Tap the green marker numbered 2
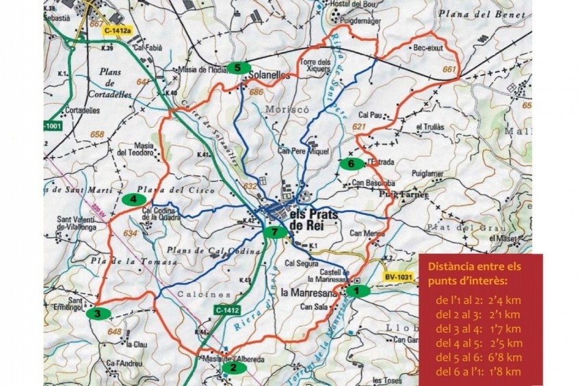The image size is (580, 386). tap(234, 368)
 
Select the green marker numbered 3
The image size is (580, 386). tap(98, 313)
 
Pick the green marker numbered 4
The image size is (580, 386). tap(134, 199)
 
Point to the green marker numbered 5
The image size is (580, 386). tap(237, 67)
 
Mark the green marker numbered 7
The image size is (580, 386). tap(274, 232)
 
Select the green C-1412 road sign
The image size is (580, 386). tap(226, 310)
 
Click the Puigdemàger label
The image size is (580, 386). tap(355, 21)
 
